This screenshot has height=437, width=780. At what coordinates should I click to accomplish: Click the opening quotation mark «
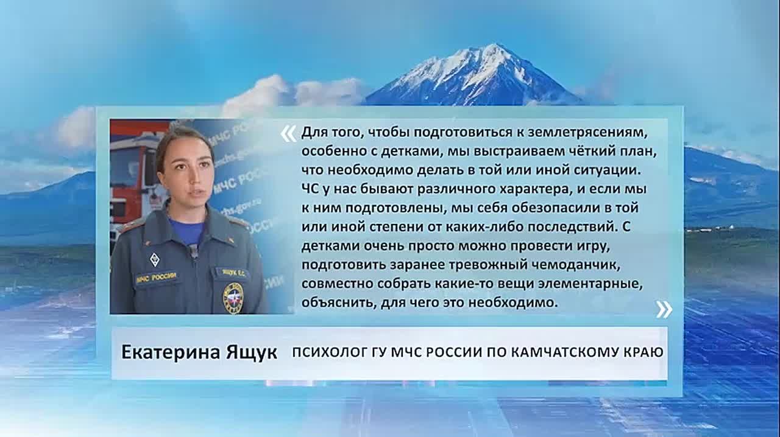[289, 134]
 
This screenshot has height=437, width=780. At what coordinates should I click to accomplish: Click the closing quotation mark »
[664, 309]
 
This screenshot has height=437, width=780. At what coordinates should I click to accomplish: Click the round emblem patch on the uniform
[233, 298]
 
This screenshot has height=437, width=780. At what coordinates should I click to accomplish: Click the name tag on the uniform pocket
[234, 273]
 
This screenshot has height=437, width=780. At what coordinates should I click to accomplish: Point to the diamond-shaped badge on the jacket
[155, 259]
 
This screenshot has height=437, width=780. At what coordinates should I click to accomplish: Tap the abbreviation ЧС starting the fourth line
[310, 189]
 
